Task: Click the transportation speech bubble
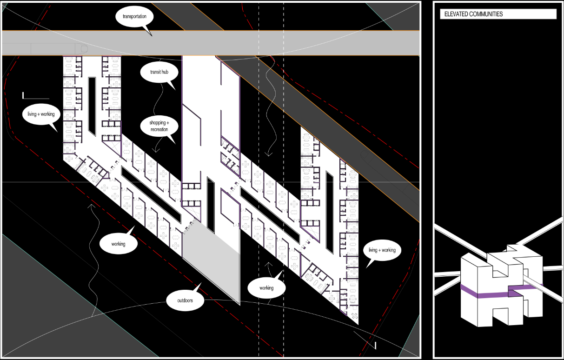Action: pyautogui.click(x=134, y=17)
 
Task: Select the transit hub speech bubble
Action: pyautogui.click(x=159, y=72)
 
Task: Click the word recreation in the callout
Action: pyautogui.click(x=159, y=129)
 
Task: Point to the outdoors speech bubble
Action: pyautogui.click(x=185, y=300)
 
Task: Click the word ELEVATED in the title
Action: pyautogui.click(x=456, y=14)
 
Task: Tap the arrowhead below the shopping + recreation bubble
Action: pyautogui.click(x=156, y=150)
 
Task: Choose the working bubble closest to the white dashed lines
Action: pyautogui.click(x=266, y=288)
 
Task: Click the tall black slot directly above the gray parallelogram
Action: pyautogui.click(x=211, y=205)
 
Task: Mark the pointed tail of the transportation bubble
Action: pyautogui.click(x=152, y=36)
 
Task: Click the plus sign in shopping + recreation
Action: pyautogui.click(x=168, y=123)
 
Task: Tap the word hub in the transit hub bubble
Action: pyautogui.click(x=165, y=72)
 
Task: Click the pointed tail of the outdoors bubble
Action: pyautogui.click(x=201, y=283)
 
